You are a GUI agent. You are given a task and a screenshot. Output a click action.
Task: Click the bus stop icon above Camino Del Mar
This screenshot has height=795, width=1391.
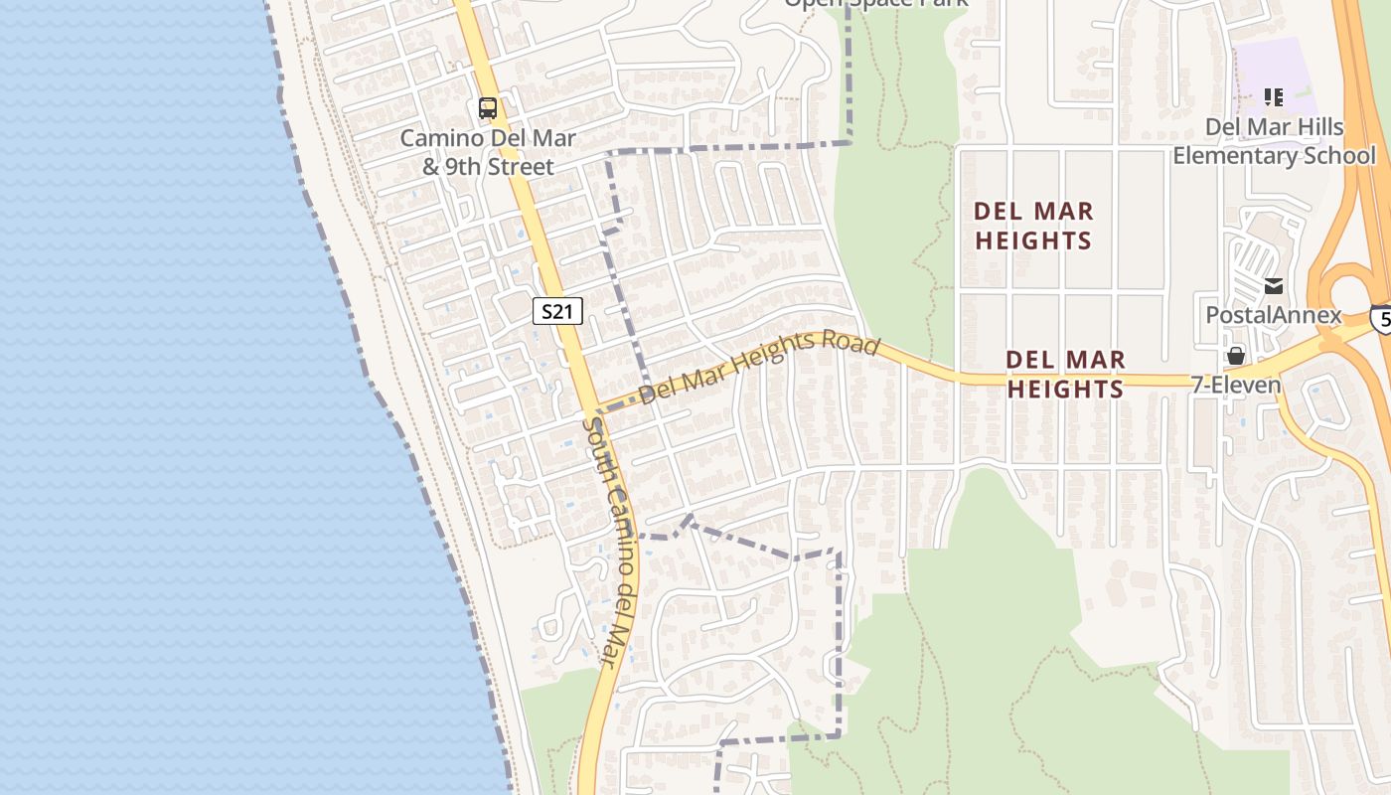point(487,108)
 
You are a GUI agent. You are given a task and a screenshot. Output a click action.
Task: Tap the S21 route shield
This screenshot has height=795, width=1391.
point(556,311)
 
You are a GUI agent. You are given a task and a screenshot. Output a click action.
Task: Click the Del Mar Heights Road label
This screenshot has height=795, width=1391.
point(759,368)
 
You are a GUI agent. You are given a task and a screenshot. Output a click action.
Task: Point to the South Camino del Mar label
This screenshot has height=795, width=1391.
point(607,542)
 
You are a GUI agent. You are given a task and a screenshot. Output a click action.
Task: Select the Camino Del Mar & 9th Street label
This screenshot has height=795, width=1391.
point(488,152)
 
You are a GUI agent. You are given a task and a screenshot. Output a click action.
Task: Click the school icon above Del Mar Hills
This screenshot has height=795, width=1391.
point(1274,97)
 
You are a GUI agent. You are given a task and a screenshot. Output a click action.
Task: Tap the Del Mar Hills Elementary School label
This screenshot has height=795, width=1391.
point(1274,141)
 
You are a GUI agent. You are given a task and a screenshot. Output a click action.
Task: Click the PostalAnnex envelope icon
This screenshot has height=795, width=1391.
point(1274,287)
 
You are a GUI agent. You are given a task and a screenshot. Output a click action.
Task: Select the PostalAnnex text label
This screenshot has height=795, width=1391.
point(1273,316)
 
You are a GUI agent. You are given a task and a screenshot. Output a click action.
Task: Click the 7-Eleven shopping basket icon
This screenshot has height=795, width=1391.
point(1236,356)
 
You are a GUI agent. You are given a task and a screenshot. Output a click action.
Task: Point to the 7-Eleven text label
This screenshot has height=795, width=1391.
point(1236,385)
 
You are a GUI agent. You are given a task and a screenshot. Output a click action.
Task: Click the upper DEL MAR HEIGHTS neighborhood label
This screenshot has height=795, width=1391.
point(1033,226)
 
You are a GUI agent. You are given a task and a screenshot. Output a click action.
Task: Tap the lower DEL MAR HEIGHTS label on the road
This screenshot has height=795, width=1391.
point(1065,375)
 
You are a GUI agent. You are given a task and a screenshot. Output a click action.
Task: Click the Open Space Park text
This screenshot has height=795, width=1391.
point(876,3)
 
